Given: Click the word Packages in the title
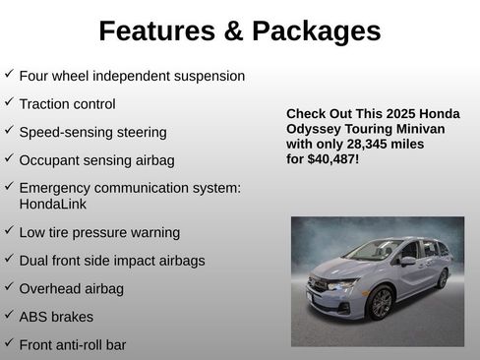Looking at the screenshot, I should pos(317,31).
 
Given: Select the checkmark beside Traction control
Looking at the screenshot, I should pos(9,102).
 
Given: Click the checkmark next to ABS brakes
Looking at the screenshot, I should pos(9,316).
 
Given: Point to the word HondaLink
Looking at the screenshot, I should pos(53,205).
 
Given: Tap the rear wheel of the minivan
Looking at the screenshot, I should pos(443,278).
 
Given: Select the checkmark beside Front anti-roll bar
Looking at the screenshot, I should pos(9,343).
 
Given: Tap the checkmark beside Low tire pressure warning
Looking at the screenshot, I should pos(9,231).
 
